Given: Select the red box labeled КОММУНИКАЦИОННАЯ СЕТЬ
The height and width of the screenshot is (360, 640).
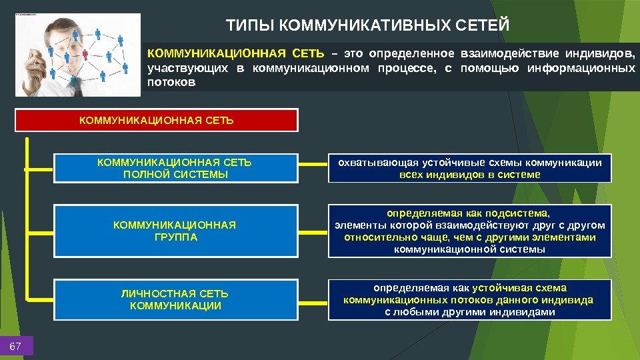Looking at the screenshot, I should coord(157,120).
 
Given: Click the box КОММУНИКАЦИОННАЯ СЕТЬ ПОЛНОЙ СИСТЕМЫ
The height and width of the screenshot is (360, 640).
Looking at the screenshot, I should coord(175,168).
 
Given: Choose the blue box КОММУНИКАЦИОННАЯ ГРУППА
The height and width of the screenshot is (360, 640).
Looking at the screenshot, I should coord(175,231).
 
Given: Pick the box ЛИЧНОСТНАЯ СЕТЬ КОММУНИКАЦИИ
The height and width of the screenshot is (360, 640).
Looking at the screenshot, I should coord(175,300).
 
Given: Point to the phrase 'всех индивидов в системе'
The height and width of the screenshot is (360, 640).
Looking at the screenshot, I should coord(470,175).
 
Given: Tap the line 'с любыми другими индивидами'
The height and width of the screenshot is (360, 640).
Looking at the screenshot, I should coord(470,312).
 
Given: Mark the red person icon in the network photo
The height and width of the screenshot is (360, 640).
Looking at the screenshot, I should coord(85,53).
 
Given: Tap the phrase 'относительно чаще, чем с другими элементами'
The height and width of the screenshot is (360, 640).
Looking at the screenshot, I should coord(470,237).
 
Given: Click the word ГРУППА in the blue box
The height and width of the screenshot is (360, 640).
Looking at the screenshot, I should coord(175,237).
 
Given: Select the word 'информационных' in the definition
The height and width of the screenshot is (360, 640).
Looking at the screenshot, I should coord(593,68).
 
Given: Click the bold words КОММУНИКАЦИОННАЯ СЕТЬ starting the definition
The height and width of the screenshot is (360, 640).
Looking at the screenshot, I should coord(235,53).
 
